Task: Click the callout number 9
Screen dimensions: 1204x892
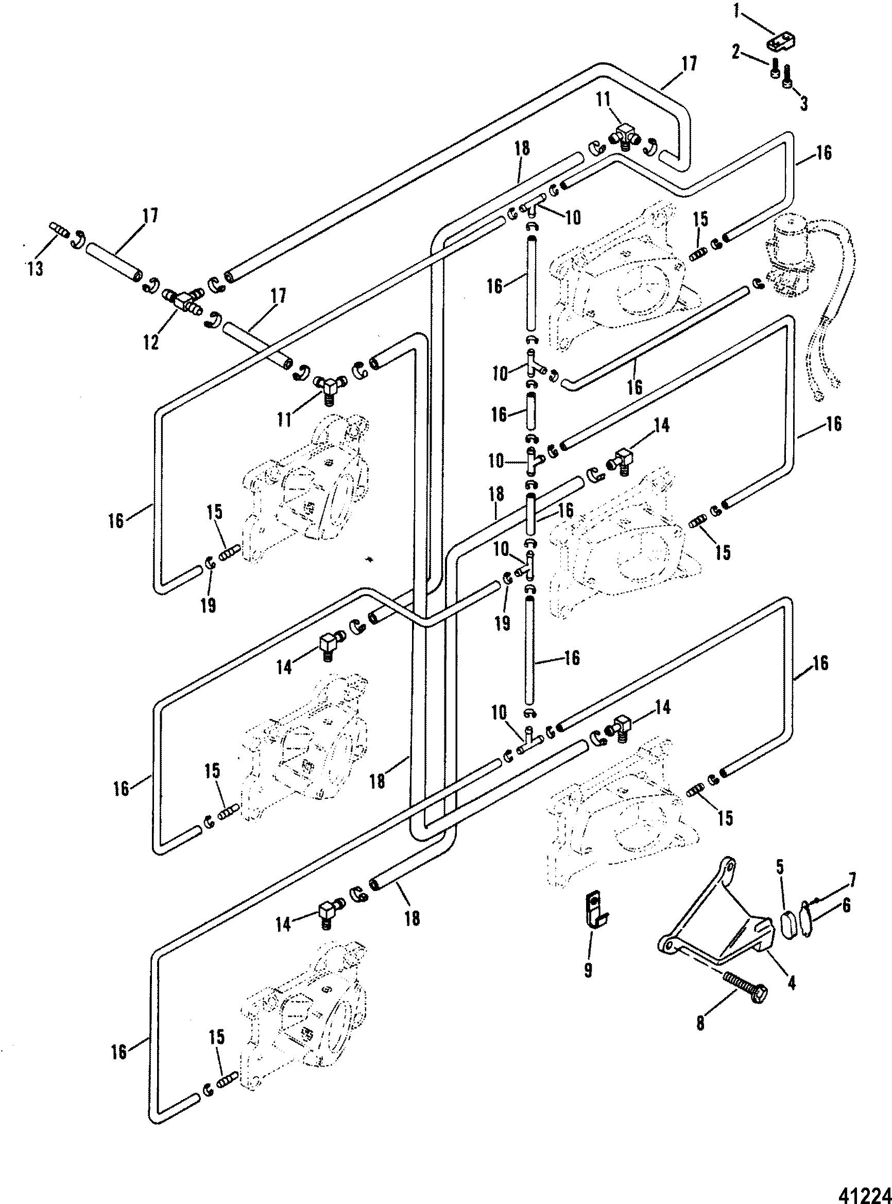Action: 588,970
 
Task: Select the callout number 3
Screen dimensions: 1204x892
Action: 804,102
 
